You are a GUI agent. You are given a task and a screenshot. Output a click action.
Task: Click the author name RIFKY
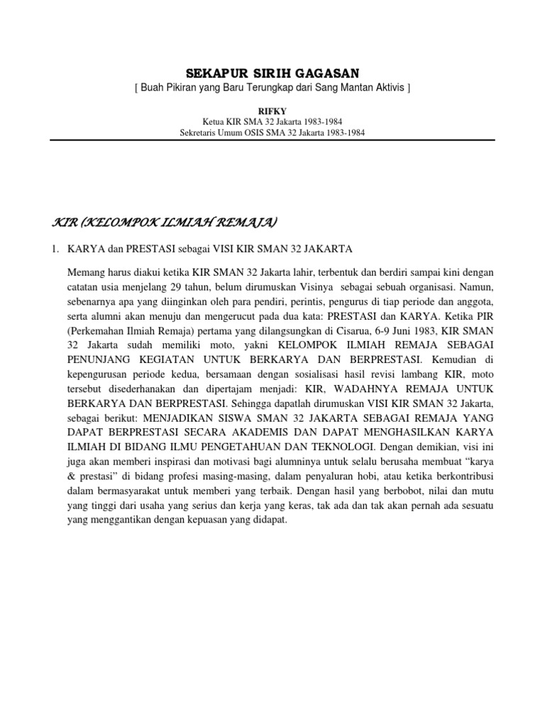click(x=272, y=110)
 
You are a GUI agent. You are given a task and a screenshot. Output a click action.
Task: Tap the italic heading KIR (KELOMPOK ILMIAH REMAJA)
click(x=165, y=223)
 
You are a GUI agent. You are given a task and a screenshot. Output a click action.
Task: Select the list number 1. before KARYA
click(x=57, y=249)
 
